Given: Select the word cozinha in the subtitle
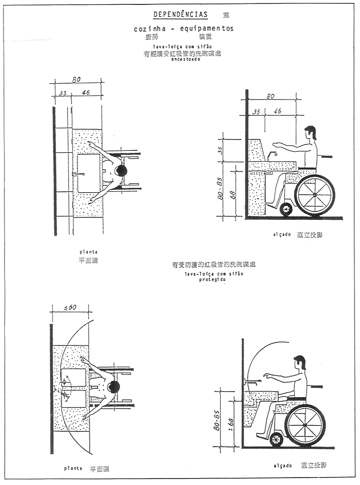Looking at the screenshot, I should (x=148, y=29).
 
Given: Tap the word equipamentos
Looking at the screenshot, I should (x=207, y=29).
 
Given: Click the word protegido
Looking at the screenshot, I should (x=213, y=279).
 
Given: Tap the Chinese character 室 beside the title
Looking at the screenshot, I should (x=226, y=15).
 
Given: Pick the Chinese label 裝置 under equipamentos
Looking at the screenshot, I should (x=205, y=36).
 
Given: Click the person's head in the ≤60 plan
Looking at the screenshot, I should (x=114, y=386).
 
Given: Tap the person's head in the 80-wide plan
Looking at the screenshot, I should (x=121, y=171).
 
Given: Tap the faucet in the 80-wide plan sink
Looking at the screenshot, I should (x=75, y=173).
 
